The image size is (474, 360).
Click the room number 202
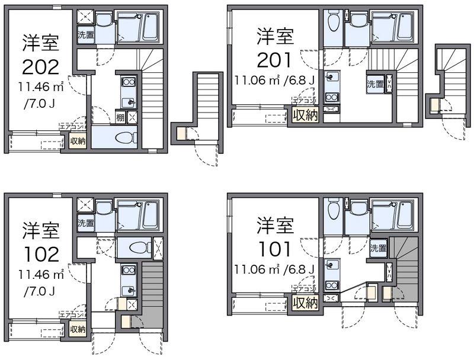click(x=41, y=65)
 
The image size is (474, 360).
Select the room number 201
click(x=274, y=59)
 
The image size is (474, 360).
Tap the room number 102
click(x=41, y=253)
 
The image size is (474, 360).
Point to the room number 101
click(x=274, y=248)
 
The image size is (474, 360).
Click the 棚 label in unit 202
click(x=121, y=117)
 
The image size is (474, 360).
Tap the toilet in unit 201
click(x=333, y=22)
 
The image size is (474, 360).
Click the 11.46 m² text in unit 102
click(x=41, y=275)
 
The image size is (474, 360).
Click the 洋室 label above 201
click(x=274, y=36)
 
